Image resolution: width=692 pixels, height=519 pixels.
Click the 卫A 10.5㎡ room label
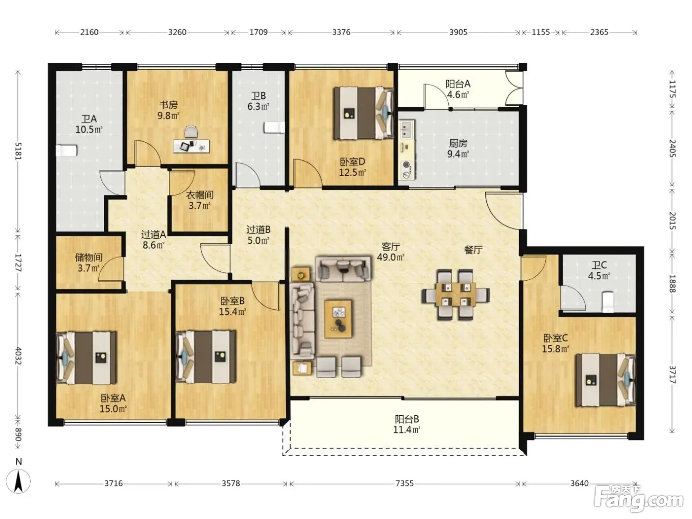[89, 124]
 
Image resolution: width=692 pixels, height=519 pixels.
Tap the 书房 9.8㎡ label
[169, 110]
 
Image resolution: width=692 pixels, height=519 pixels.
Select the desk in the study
[191, 146]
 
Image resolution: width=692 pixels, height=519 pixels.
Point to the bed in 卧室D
[363, 113]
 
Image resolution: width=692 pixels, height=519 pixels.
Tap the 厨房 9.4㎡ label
[458, 148]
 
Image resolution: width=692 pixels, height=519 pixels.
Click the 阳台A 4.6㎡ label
[458, 89]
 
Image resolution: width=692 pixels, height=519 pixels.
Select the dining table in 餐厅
[456, 294]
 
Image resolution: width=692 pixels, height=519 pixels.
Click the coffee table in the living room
[338, 319]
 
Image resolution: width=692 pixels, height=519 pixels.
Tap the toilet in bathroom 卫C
[607, 302]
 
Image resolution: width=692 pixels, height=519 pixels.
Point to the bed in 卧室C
[605, 380]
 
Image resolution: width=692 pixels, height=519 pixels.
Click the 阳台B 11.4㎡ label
[407, 424]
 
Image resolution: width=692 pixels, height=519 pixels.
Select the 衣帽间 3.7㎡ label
[199, 200]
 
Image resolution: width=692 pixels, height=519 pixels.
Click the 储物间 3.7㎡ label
[88, 262]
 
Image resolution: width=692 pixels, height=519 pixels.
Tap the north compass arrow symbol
[18, 481]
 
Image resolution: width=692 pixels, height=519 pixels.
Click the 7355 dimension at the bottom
[404, 483]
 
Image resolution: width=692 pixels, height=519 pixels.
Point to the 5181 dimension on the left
[18, 151]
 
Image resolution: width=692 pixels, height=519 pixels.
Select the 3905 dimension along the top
[458, 32]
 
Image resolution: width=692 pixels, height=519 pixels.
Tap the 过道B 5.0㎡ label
[258, 235]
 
